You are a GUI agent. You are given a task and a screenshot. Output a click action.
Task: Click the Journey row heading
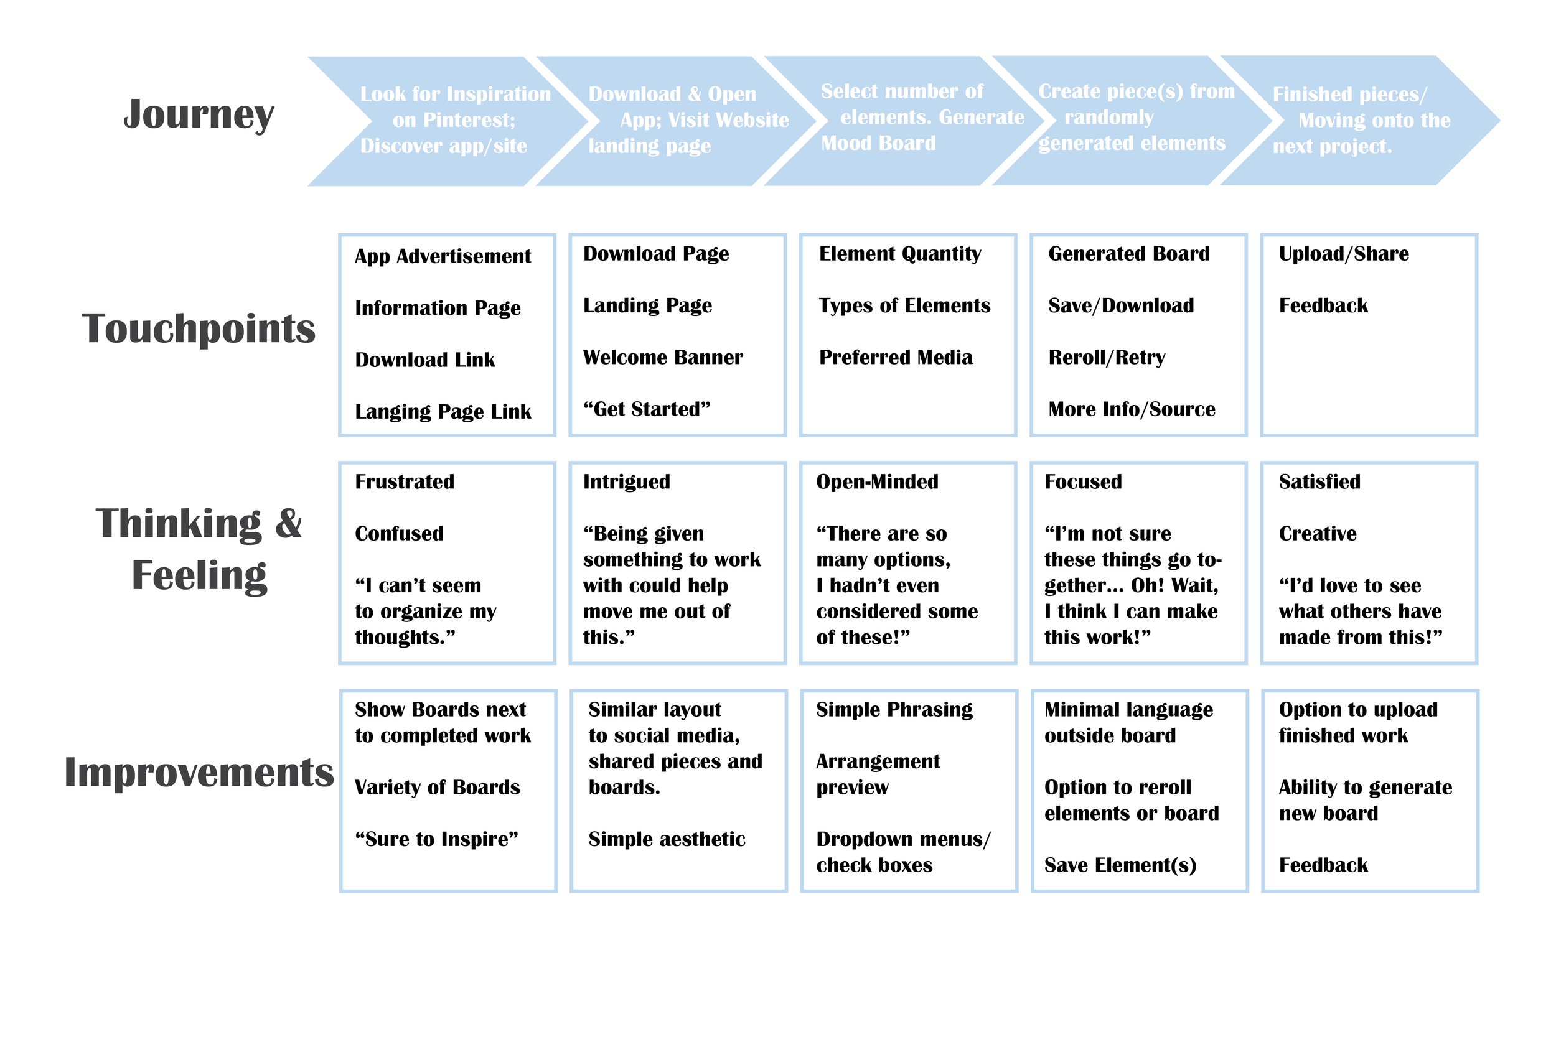tap(199, 115)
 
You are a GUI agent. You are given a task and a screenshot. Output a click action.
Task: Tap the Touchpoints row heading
tap(199, 328)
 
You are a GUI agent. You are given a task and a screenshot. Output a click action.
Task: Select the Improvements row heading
tap(199, 772)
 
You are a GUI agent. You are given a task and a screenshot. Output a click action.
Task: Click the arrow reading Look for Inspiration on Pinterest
tap(450, 120)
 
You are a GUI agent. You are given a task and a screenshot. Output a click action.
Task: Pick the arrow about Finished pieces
tap(1356, 120)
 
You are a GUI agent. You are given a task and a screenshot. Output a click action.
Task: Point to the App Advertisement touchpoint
tap(443, 256)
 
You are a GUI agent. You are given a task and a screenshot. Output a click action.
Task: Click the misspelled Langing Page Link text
tap(443, 412)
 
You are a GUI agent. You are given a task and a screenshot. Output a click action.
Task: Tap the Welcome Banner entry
tap(663, 358)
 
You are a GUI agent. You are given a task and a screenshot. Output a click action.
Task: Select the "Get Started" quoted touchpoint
tap(646, 409)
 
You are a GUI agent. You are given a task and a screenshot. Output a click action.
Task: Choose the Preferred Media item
tap(896, 358)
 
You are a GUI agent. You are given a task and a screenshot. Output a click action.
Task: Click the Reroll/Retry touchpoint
tap(1107, 358)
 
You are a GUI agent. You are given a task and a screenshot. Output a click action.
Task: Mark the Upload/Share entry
tap(1344, 254)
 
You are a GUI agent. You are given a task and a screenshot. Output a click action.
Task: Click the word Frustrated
tap(404, 482)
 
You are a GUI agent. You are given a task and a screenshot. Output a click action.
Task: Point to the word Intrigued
tap(627, 482)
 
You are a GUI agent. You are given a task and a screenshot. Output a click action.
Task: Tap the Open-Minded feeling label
tap(877, 482)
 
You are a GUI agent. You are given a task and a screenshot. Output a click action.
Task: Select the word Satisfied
tap(1319, 482)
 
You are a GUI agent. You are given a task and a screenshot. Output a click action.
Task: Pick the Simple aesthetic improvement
tap(667, 839)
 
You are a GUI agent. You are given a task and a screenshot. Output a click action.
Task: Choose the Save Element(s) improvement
tap(1120, 865)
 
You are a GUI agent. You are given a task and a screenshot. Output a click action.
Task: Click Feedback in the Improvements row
tap(1323, 865)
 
